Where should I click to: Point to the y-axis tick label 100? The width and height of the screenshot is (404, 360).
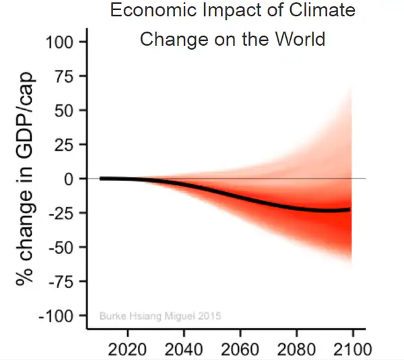pos(59,42)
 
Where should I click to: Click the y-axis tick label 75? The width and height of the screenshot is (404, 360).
pos(65,76)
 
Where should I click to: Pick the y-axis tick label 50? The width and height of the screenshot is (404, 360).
pos(65,110)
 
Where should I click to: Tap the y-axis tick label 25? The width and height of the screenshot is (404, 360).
pos(65,145)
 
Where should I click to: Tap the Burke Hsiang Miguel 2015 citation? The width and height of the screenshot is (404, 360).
pos(160,315)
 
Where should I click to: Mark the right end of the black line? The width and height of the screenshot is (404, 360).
pos(349,210)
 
